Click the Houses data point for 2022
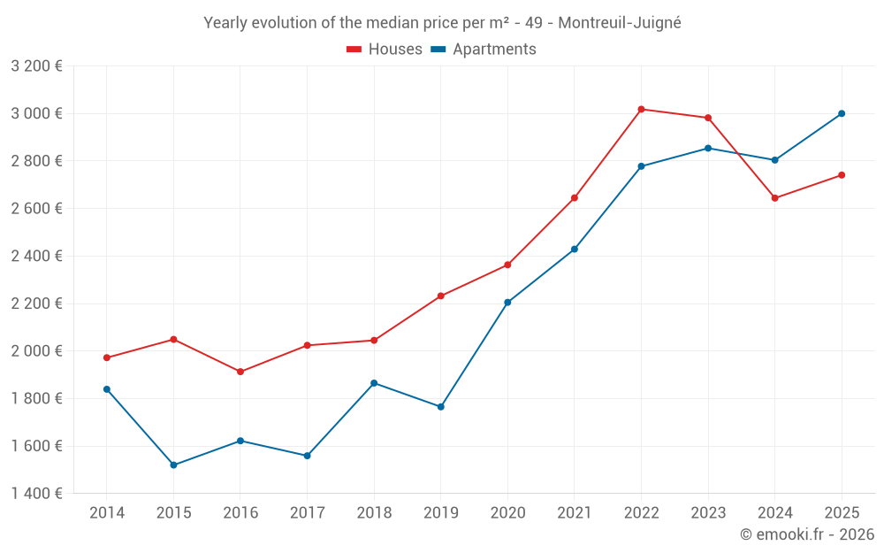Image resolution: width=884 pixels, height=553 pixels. click(x=641, y=109)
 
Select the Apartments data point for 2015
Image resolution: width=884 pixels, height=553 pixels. click(x=173, y=465)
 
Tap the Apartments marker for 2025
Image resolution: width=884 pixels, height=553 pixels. click(x=842, y=113)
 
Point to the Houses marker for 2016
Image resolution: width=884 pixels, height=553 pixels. click(x=240, y=372)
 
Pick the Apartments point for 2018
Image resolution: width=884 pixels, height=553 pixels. click(x=374, y=383)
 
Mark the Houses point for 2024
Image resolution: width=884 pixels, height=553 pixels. click(x=774, y=198)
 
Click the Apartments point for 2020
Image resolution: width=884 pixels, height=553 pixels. click(x=507, y=303)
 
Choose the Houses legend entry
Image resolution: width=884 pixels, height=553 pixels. click(x=385, y=50)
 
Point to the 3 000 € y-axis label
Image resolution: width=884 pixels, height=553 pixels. click(x=36, y=113)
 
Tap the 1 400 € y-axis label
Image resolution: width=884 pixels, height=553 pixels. click(x=36, y=494)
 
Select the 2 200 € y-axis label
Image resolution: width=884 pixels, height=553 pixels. click(x=36, y=303)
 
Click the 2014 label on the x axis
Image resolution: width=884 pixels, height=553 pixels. click(x=107, y=513)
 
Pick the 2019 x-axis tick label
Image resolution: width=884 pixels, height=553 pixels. click(x=440, y=513)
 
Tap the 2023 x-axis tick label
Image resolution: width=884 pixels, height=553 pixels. click(x=707, y=513)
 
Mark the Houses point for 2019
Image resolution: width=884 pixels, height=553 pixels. click(x=440, y=296)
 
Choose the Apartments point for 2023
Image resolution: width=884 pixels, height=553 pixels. click(x=707, y=148)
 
